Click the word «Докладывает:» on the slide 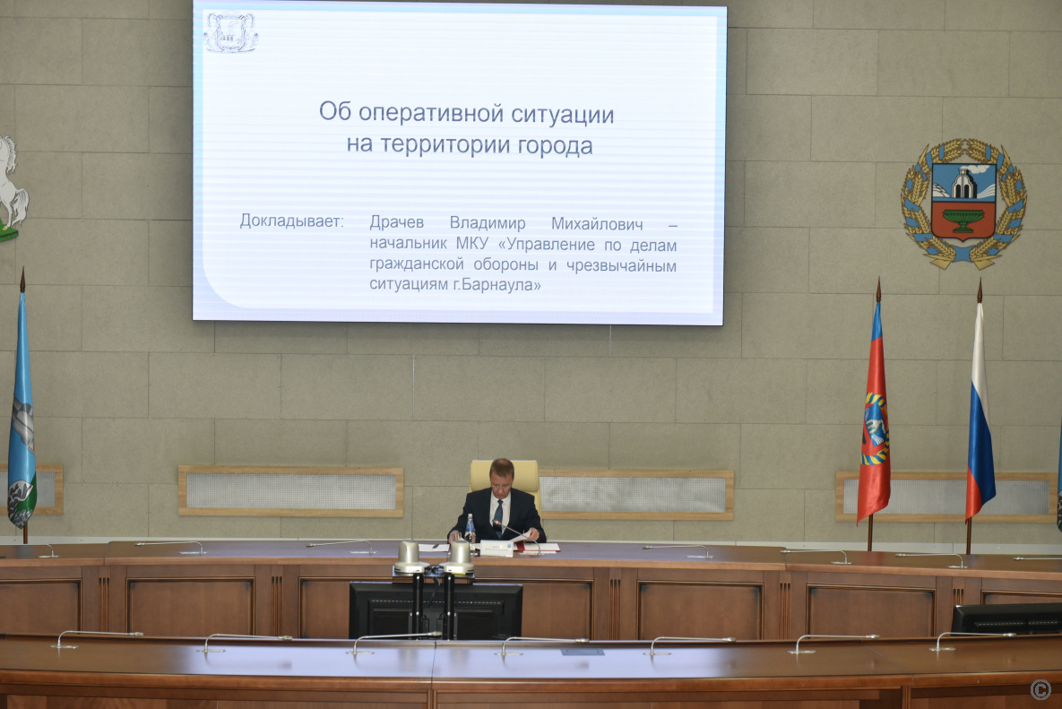[292, 220]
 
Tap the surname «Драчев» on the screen [397, 222]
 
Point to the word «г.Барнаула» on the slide [497, 284]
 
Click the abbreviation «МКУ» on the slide [472, 243]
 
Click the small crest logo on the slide [231, 32]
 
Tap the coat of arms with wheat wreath [963, 203]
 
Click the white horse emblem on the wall [11, 188]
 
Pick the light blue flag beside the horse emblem [22, 413]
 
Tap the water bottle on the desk [470, 528]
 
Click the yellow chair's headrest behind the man [505, 474]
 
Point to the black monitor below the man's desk [436, 610]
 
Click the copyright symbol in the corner [1040, 689]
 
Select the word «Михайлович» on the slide [597, 223]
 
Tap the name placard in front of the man [496, 548]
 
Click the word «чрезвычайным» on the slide [621, 265]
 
